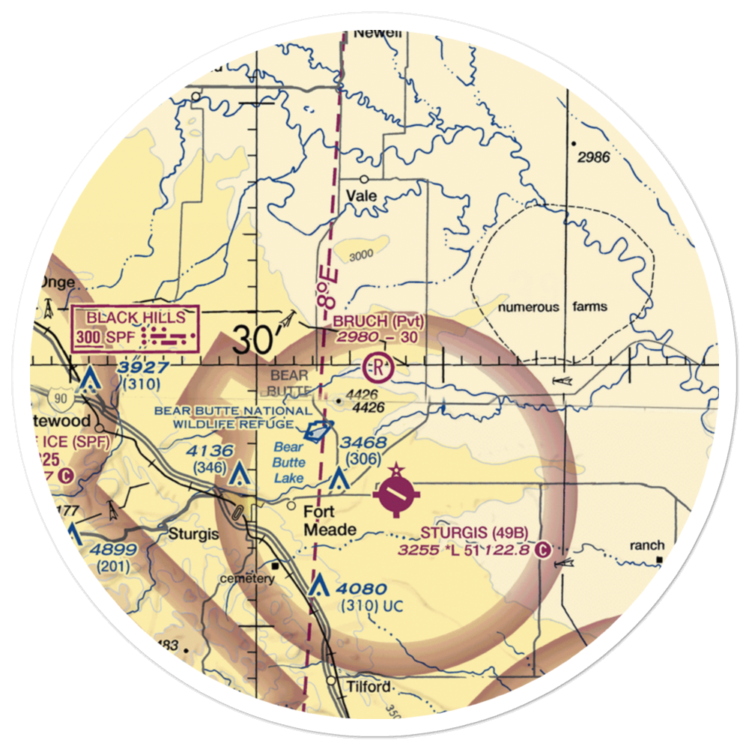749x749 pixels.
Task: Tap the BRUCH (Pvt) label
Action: [x=379, y=321]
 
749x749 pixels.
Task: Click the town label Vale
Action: [x=361, y=196]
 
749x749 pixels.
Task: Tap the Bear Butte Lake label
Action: [x=288, y=462]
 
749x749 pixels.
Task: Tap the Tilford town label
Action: [x=369, y=687]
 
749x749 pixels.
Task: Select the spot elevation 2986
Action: [x=594, y=157]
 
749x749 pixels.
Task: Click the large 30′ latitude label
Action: [x=255, y=341]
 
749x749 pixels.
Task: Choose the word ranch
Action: [x=646, y=545]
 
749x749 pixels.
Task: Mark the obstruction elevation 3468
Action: [x=363, y=444]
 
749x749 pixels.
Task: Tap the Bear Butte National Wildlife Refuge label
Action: [x=232, y=417]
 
